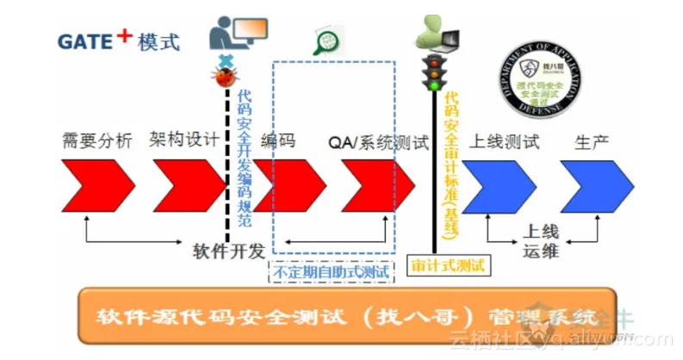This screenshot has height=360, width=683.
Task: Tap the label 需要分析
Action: [97, 140]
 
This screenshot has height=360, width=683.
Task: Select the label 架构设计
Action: [184, 140]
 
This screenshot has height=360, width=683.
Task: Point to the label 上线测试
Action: [504, 141]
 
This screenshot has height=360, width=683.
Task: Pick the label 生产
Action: [592, 141]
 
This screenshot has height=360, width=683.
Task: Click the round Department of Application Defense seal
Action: [542, 81]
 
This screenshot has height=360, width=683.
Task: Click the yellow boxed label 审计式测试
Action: [448, 264]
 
